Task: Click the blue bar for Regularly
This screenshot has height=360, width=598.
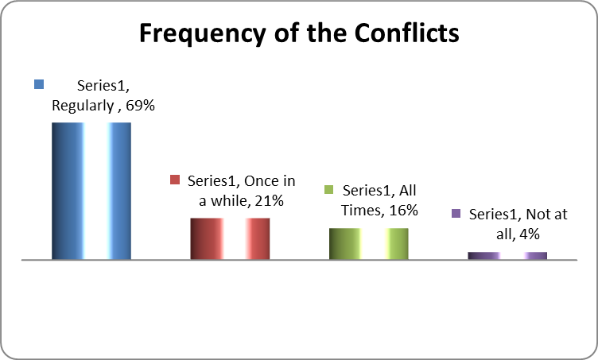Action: click(x=91, y=191)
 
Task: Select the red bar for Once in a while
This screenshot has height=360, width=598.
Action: click(x=230, y=239)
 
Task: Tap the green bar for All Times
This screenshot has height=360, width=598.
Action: click(x=369, y=244)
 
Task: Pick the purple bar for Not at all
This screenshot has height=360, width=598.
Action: click(x=507, y=256)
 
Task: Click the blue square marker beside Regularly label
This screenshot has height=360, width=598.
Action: click(x=39, y=84)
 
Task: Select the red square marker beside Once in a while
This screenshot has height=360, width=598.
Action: click(x=175, y=180)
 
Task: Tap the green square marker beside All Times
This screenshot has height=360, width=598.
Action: click(x=328, y=189)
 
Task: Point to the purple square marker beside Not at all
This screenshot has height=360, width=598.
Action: click(x=456, y=213)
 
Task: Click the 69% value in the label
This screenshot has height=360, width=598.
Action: click(x=140, y=106)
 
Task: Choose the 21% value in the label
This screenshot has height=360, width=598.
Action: click(x=270, y=201)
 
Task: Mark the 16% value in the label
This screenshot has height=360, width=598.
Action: click(x=403, y=211)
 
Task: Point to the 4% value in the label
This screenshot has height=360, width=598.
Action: click(x=530, y=234)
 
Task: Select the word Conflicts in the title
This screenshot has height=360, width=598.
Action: click(x=407, y=33)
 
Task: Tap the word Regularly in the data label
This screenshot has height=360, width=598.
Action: click(x=83, y=106)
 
